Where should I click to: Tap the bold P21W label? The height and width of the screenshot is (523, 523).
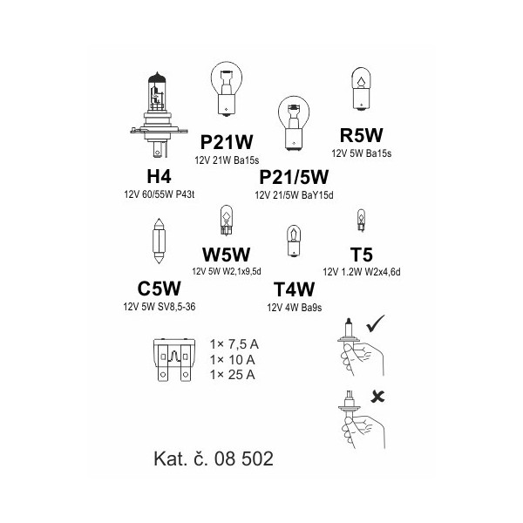[227, 142]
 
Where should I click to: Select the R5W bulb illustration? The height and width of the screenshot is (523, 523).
[361, 89]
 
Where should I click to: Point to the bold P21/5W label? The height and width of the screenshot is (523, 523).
[294, 177]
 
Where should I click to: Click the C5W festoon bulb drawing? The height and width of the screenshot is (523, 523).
[159, 241]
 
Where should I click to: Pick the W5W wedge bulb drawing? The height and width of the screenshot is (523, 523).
[226, 221]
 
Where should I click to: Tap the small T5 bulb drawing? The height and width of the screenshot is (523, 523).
[361, 221]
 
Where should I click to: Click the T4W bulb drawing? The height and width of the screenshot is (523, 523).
[294, 241]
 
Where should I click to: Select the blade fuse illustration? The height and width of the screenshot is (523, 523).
[173, 360]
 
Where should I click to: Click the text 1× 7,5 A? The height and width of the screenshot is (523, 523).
[234, 344]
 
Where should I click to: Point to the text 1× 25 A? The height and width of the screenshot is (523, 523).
[232, 375]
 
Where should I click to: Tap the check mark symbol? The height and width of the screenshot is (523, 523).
[376, 323]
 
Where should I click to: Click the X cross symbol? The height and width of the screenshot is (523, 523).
[377, 397]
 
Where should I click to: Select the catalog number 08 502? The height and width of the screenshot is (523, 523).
[244, 458]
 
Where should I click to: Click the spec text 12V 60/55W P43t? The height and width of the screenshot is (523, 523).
[160, 194]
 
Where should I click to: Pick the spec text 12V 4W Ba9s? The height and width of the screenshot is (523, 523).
[295, 308]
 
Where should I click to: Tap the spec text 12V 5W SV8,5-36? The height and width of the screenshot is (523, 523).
[160, 307]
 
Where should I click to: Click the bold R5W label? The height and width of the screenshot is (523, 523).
[361, 135]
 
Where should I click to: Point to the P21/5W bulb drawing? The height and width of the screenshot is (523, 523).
[294, 124]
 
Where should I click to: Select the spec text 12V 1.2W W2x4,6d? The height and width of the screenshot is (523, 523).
[362, 272]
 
